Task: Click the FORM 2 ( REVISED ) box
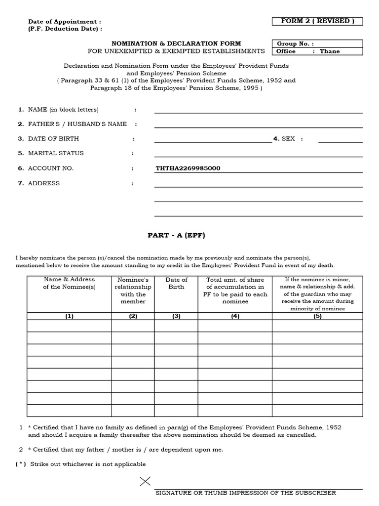[x=317, y=21]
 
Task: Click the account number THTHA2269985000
[x=188, y=169]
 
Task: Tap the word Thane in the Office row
[x=330, y=51]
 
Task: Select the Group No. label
[x=295, y=43]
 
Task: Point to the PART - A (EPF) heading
[x=176, y=235]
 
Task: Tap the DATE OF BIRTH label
[x=53, y=139]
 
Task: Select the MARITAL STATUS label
[x=56, y=154]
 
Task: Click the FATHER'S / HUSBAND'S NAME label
[x=77, y=124]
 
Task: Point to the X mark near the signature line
[x=146, y=482]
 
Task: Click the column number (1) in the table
[x=69, y=316]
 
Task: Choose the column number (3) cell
[x=176, y=316]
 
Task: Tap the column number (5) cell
[x=317, y=316]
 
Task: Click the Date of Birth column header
[x=176, y=283]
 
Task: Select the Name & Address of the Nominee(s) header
[x=69, y=283]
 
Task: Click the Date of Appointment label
[x=65, y=22]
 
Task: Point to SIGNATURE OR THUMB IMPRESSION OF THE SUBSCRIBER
[x=245, y=493]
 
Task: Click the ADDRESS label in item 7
[x=44, y=183]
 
